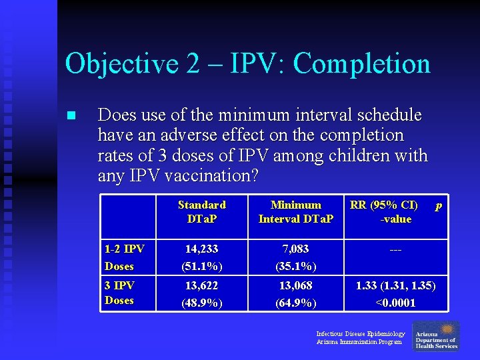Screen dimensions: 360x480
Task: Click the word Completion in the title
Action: (x=361, y=65)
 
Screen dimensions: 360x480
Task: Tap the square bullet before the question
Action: (x=71, y=116)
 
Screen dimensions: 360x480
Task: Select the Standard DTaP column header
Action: (x=201, y=212)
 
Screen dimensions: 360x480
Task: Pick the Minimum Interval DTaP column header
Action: (x=295, y=212)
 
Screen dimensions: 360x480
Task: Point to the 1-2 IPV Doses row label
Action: (x=124, y=257)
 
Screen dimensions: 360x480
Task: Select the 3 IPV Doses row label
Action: (x=119, y=293)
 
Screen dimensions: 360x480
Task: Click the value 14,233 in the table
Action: (x=201, y=249)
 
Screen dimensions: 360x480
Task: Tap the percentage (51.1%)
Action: (x=201, y=266)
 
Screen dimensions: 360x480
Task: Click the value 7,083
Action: (x=295, y=249)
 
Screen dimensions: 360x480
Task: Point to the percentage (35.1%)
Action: (x=295, y=266)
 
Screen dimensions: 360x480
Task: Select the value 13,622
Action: (x=201, y=285)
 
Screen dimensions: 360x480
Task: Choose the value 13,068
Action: (x=295, y=285)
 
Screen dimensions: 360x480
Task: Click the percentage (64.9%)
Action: (x=295, y=303)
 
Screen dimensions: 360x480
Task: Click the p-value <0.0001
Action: (x=395, y=303)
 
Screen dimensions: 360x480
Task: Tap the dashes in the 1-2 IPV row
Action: (x=395, y=249)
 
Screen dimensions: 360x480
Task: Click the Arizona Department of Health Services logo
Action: (x=436, y=336)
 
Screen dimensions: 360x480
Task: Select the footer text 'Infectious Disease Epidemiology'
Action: (x=360, y=333)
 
